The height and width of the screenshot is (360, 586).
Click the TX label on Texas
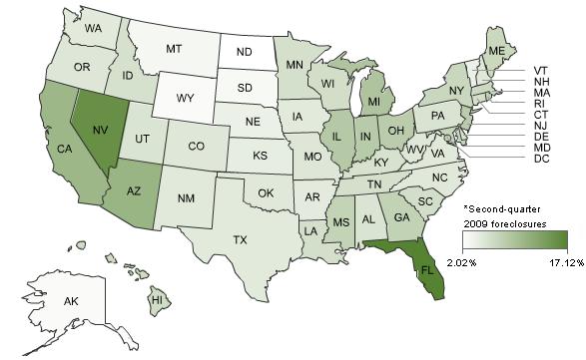pyautogui.click(x=241, y=240)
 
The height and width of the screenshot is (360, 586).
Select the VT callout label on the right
pyautogui.click(x=543, y=71)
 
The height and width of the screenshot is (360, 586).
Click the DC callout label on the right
pyautogui.click(x=543, y=159)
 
